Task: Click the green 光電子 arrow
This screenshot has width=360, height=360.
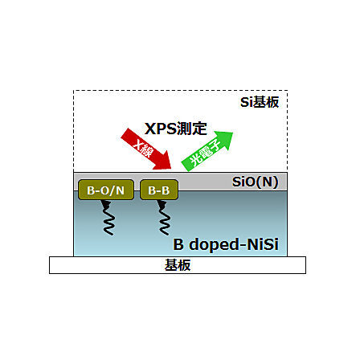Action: (x=207, y=151)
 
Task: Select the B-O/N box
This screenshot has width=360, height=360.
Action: (x=106, y=190)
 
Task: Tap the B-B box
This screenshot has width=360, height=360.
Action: (x=159, y=190)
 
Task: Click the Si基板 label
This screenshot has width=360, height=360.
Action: (x=260, y=102)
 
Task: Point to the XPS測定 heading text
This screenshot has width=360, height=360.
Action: (x=176, y=129)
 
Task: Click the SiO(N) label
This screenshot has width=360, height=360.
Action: (x=255, y=182)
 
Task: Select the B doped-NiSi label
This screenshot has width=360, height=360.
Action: (x=226, y=244)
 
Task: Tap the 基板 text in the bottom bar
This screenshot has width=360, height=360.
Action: (x=178, y=265)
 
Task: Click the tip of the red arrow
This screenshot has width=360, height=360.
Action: (x=171, y=169)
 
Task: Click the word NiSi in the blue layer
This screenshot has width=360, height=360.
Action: (x=263, y=244)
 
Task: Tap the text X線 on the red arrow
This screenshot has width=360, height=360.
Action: (x=143, y=148)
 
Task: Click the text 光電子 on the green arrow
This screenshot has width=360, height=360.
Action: (x=205, y=153)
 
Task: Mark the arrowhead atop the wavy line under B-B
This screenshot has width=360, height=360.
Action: (x=162, y=204)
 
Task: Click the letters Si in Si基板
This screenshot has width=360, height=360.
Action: (x=247, y=102)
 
